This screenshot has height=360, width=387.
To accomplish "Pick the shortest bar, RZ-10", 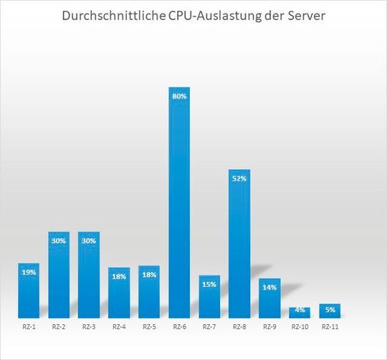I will tap(300, 312).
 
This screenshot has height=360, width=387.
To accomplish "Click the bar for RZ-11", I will tap(330, 311).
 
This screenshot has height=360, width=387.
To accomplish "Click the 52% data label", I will tap(239, 178).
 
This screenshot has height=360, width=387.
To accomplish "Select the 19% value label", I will tap(29, 272).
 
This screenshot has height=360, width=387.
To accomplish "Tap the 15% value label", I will tap(209, 284).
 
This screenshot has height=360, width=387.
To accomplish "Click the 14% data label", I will tap(269, 287).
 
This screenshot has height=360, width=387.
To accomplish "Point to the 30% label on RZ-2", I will tap(59, 240).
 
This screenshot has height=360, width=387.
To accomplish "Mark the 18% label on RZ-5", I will tap(149, 275).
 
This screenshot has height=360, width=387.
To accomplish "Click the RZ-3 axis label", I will tap(89, 327).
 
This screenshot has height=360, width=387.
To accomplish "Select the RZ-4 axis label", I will tap(119, 327).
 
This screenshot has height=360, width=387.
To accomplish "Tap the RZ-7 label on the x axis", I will tap(209, 327).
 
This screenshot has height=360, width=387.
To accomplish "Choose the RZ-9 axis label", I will tap(269, 327).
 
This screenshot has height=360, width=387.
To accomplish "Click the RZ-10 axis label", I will tap(300, 327).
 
